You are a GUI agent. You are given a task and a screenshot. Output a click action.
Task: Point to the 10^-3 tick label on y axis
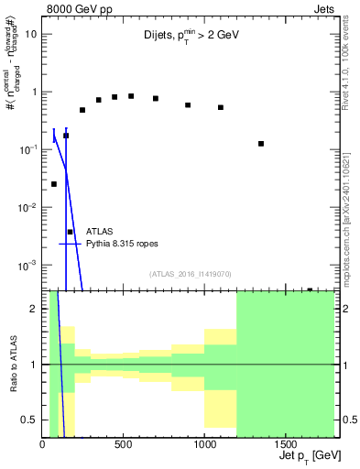[28, 265]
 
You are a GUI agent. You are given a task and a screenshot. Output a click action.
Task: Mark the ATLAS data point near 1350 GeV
[261, 144]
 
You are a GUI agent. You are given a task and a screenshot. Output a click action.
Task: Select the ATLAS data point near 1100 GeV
[221, 107]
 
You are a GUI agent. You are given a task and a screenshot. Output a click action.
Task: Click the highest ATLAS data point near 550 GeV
[131, 96]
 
